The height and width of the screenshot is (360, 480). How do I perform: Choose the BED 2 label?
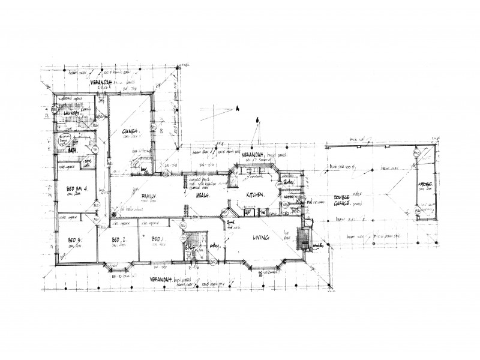118,241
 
